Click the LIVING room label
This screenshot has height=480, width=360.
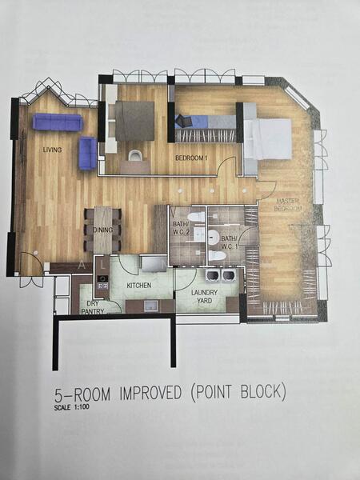tap(53, 150)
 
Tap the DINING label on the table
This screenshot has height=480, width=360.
tap(102, 229)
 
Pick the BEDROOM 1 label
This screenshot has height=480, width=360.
tap(192, 158)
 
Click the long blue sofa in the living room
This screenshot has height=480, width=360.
tap(58, 122)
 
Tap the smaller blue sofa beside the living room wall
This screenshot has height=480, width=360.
tap(87, 153)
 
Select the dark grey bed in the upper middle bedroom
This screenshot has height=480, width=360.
tap(134, 121)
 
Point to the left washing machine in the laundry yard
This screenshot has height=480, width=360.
tap(213, 275)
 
